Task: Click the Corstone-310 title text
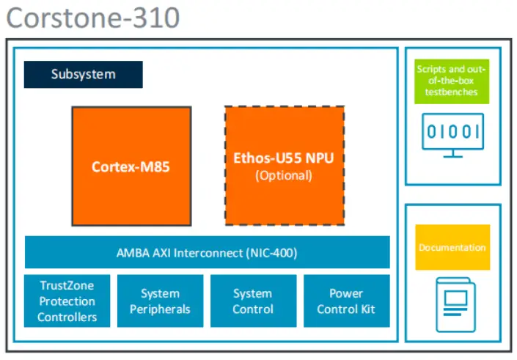(93, 18)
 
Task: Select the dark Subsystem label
(83, 74)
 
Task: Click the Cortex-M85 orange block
(131, 166)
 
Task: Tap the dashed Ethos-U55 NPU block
(284, 166)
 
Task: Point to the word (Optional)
(283, 176)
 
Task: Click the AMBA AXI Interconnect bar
(207, 253)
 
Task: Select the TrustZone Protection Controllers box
(67, 301)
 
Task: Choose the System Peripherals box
(160, 301)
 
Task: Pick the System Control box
(253, 301)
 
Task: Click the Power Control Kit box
(346, 301)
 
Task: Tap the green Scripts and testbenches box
(451, 81)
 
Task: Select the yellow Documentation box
(452, 248)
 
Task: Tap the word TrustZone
(67, 286)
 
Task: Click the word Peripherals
(160, 309)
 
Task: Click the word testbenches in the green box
(451, 92)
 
